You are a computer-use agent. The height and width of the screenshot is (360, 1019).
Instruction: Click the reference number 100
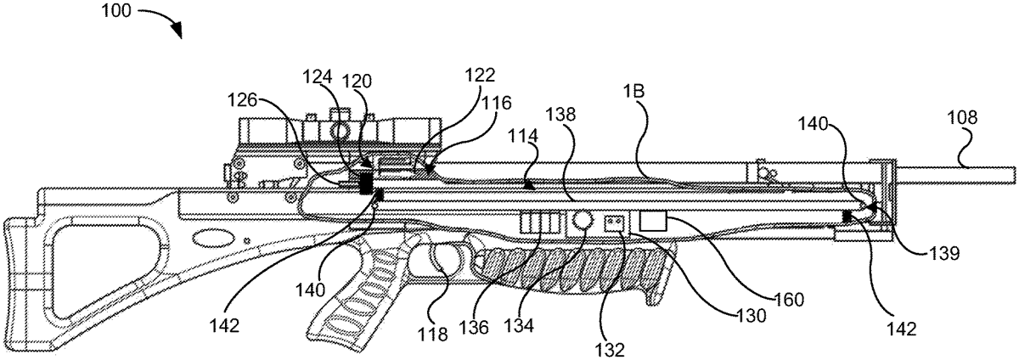point(115,11)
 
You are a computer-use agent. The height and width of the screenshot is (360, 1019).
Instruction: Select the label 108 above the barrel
point(962,118)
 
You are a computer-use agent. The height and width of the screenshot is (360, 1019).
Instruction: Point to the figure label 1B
point(633,92)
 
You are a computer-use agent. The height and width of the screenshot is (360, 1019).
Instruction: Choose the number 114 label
point(523,136)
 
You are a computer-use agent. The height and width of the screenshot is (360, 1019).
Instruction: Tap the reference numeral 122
point(480,75)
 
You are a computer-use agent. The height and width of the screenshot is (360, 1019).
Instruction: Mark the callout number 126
point(243,100)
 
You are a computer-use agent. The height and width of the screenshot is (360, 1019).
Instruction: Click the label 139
point(944,254)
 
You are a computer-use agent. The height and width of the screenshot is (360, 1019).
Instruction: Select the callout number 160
point(789,300)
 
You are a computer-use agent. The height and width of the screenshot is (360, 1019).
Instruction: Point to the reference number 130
point(751,315)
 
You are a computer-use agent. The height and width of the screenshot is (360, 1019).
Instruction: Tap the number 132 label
point(610,350)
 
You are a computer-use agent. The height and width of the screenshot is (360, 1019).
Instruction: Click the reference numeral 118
point(432,335)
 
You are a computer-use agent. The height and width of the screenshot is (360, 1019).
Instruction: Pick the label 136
point(474,328)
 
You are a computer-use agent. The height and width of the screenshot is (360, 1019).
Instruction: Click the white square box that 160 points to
point(653,221)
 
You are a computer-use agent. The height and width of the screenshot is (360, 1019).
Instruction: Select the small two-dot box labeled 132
point(614,223)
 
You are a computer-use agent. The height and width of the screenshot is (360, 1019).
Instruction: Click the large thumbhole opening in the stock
point(107,269)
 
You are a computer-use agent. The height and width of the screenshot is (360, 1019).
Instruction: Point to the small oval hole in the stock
point(208,238)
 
